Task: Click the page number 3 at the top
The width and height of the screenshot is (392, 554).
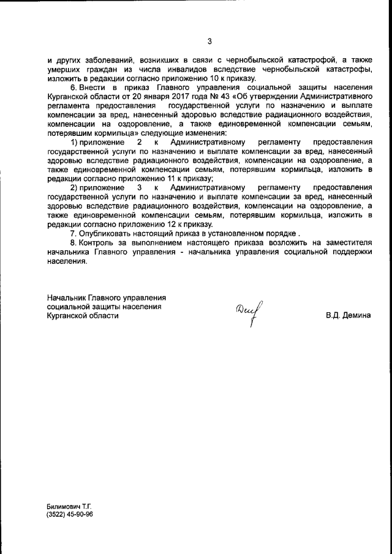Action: (209, 42)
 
